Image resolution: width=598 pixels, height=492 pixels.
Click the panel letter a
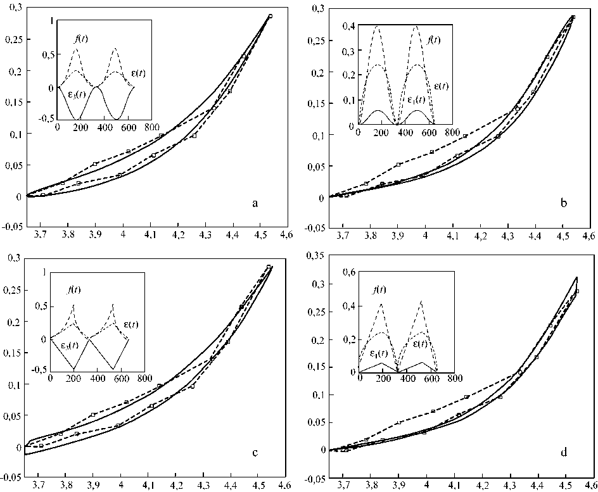pos(255,203)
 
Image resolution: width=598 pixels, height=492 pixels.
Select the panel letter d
pos(563,452)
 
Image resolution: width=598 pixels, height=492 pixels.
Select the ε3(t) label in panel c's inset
pos(61,346)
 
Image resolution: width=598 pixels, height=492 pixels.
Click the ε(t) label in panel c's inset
pos(130,325)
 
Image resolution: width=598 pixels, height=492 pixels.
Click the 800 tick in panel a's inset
pos(151,127)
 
